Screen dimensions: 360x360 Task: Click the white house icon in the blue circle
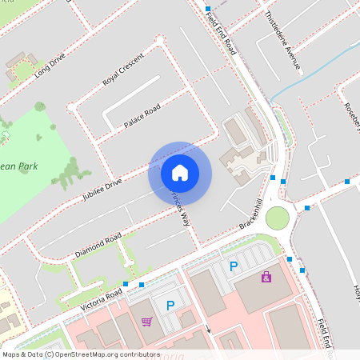tap(180, 172)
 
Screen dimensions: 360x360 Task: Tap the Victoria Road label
tap(102, 298)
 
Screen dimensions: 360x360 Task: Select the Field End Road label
tap(220, 37)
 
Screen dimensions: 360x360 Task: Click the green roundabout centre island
tap(277, 218)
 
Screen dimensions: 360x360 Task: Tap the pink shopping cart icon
tap(146, 322)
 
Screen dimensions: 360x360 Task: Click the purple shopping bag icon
tap(266, 277)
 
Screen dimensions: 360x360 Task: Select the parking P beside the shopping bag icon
tap(234, 266)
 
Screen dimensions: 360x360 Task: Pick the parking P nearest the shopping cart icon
tap(170, 305)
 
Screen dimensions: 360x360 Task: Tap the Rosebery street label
tap(351, 116)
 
